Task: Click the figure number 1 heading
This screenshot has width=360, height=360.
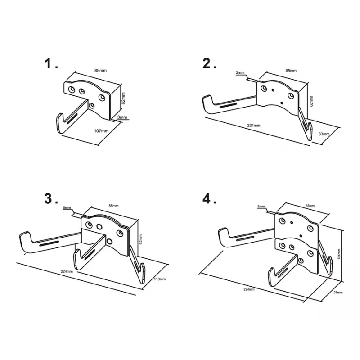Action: [x=51, y=63]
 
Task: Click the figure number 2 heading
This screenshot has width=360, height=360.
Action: [x=209, y=63]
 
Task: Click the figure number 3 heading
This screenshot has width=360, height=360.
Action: [x=51, y=198]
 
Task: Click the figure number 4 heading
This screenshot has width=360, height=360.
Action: [x=209, y=198]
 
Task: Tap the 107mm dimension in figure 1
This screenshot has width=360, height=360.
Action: [x=101, y=131]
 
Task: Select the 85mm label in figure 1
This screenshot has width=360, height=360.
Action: [x=100, y=71]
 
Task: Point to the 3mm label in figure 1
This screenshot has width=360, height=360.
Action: [x=122, y=117]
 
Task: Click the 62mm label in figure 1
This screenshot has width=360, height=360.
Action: [x=123, y=98]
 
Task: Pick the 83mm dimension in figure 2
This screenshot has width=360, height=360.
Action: [x=324, y=134]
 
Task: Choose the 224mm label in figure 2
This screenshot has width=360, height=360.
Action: [x=254, y=126]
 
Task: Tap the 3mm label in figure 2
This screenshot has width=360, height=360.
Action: [x=240, y=73]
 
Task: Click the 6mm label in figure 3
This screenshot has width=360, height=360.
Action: [x=67, y=208]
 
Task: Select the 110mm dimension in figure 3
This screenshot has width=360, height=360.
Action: [x=160, y=279]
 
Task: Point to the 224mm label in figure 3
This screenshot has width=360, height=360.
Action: [x=67, y=271]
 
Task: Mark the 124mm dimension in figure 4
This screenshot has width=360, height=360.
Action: [x=339, y=254]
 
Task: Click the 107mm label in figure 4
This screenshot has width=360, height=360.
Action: [x=337, y=292]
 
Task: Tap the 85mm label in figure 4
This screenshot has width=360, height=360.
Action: [x=310, y=206]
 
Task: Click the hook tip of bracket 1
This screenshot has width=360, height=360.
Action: [x=60, y=115]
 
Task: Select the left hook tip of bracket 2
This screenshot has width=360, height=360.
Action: [x=207, y=96]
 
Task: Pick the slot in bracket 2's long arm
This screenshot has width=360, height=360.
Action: [x=228, y=106]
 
